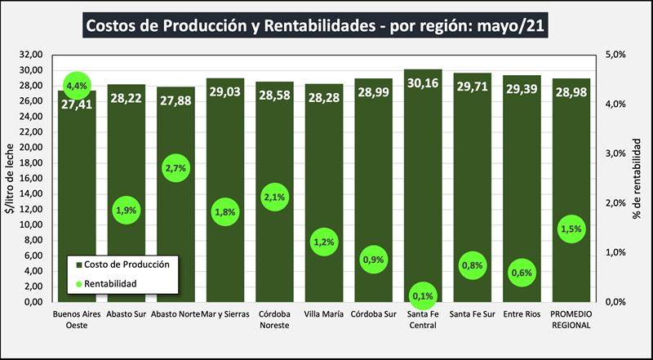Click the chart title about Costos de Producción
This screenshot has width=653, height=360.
[316, 25]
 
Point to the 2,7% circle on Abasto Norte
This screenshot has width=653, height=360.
[176, 168]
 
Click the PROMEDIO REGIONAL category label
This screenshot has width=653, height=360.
[571, 318]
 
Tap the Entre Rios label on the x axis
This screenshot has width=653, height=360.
[522, 313]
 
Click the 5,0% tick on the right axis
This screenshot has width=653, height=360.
[615, 55]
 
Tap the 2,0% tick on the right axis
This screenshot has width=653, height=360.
[615, 203]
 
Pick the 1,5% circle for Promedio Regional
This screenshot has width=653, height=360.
[571, 229]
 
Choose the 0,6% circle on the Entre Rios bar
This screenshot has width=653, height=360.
[522, 273]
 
